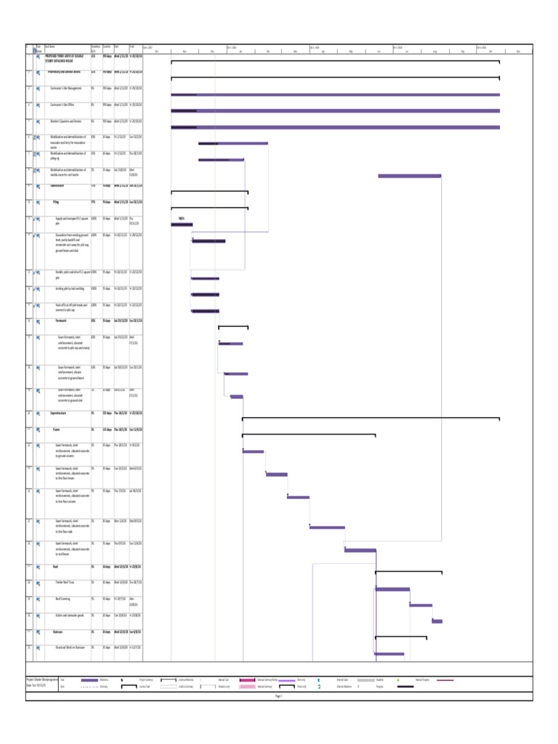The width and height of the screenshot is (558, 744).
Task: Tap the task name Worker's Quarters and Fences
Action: (x=70, y=121)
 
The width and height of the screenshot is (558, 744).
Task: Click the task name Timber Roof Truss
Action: (x=66, y=582)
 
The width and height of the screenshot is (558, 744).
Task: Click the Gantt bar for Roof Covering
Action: (x=421, y=605)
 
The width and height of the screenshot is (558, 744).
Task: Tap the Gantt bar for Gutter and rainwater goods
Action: (x=437, y=621)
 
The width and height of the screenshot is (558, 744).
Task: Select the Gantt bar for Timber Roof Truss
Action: (x=392, y=589)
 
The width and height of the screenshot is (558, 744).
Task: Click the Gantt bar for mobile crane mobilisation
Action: (x=409, y=176)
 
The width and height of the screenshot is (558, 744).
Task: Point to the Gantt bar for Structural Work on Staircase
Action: (x=389, y=654)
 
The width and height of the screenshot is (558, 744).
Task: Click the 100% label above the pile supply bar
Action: (x=181, y=219)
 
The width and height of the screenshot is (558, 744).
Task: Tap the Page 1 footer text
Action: (x=278, y=695)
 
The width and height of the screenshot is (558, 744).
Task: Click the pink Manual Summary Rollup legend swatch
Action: (x=247, y=680)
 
